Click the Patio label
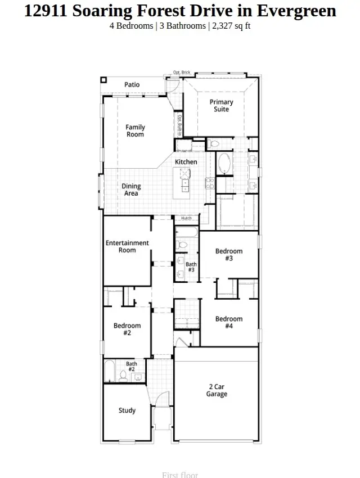pyautogui.click(x=132, y=85)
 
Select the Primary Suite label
pyautogui.click(x=221, y=106)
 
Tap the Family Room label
pyautogui.click(x=135, y=131)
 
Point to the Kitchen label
pyautogui.click(x=186, y=162)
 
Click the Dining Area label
pyautogui.click(x=131, y=190)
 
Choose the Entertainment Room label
pyautogui.click(x=127, y=246)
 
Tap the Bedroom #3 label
pyautogui.click(x=229, y=255)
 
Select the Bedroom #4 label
pyautogui.click(x=229, y=322)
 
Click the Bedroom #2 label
pyautogui.click(x=127, y=329)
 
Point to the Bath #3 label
pyautogui.click(x=191, y=267)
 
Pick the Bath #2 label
pyautogui.click(x=131, y=367)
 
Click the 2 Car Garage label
pyautogui.click(x=217, y=391)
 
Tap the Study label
pyautogui.click(x=127, y=411)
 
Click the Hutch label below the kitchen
pyautogui.click(x=186, y=218)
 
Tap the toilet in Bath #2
pyautogui.click(x=123, y=376)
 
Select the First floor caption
pyautogui.click(x=180, y=475)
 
